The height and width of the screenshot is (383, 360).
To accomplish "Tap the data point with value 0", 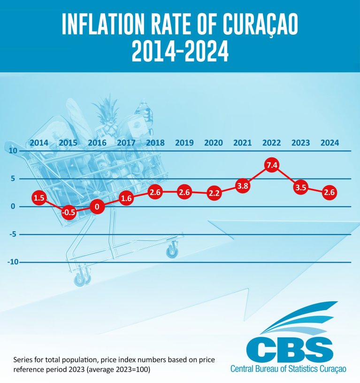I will [x=97, y=207].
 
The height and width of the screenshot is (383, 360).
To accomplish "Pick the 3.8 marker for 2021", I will [x=242, y=186].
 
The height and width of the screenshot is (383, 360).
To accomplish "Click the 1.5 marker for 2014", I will [x=39, y=198].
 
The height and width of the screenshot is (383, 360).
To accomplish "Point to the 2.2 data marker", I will [x=214, y=193].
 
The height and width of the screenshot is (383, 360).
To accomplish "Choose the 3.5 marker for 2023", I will [x=300, y=187].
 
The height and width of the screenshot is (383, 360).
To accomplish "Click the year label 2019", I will [x=184, y=143].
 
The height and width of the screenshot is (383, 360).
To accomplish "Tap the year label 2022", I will [x=271, y=143].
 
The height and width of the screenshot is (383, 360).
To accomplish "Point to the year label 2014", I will [x=39, y=143].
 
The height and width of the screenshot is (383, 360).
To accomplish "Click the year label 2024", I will [x=329, y=143].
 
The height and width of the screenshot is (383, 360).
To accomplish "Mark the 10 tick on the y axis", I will [x=12, y=151].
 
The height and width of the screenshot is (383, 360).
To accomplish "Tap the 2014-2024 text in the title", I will [x=180, y=52].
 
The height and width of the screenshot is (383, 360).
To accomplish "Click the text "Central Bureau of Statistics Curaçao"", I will [x=288, y=369].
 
